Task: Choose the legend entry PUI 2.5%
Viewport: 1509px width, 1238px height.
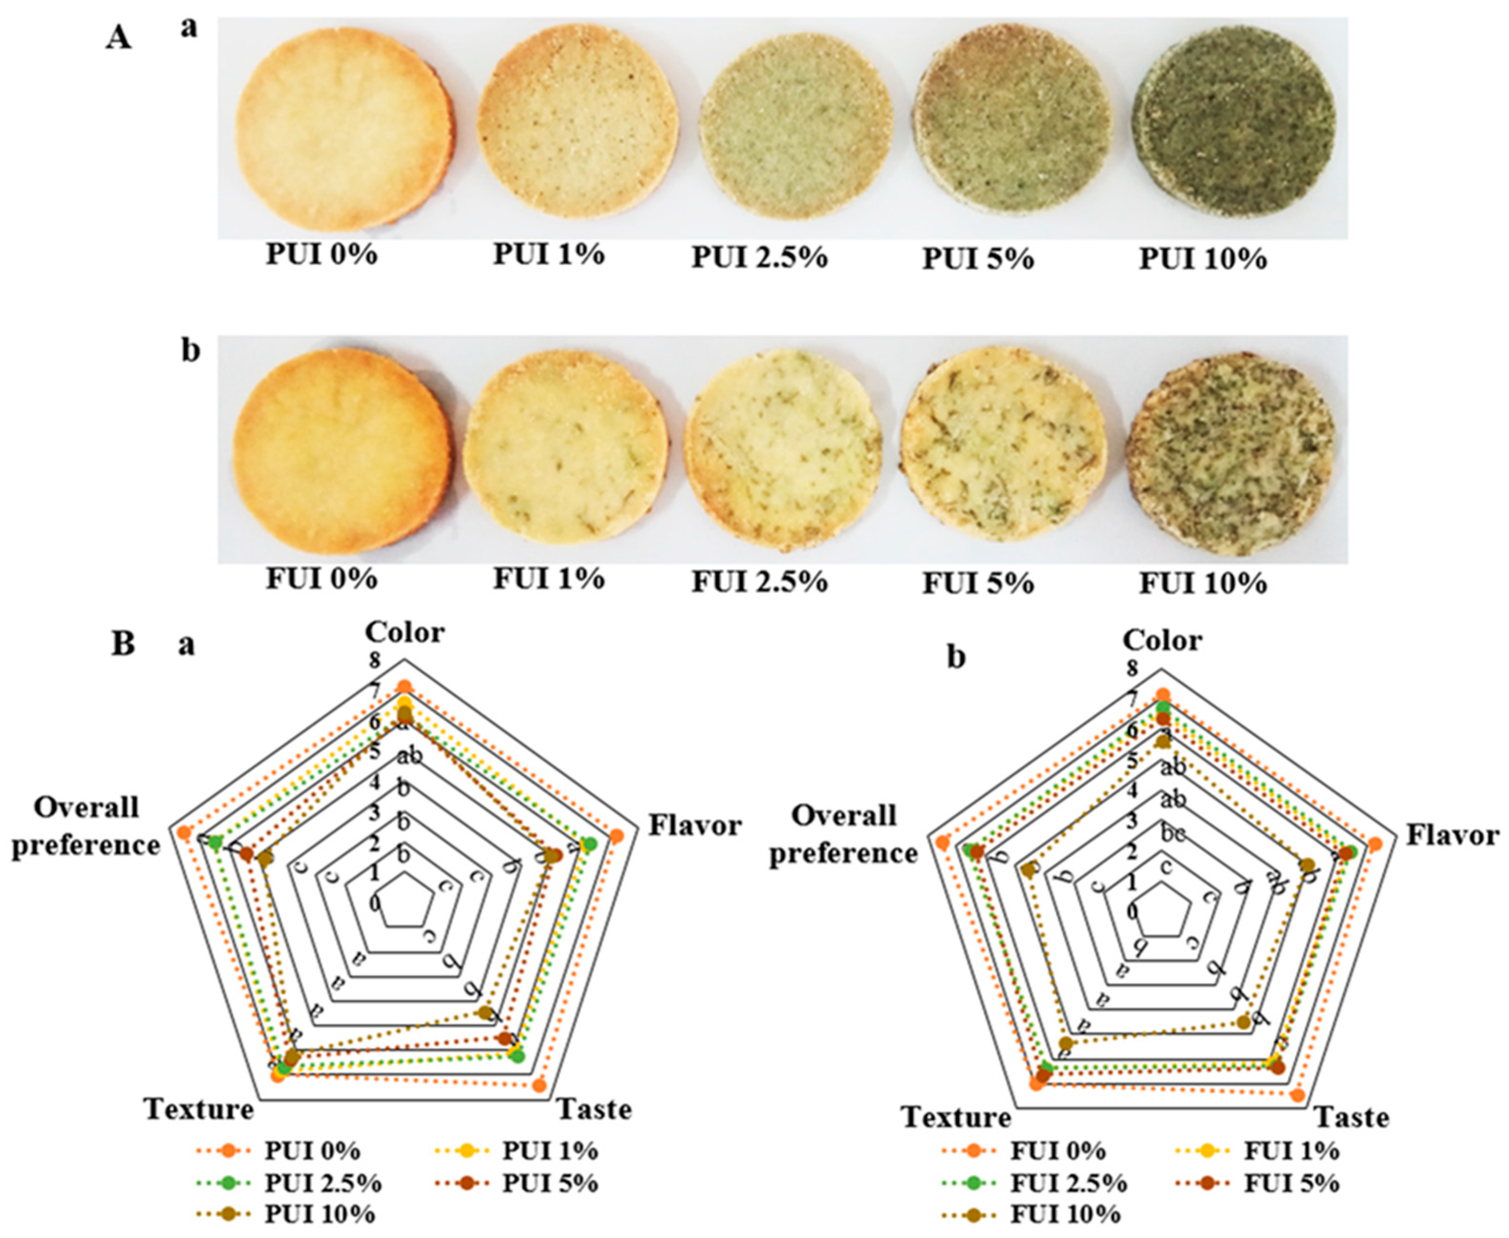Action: click(x=323, y=1183)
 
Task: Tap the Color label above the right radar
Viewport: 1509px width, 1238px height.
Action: click(x=1162, y=640)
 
